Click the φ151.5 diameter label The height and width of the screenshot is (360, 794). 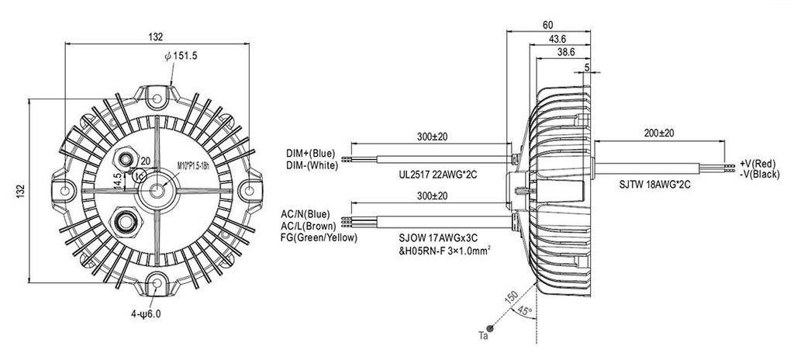pyautogui.click(x=181, y=56)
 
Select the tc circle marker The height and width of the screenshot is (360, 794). pyautogui.click(x=140, y=175)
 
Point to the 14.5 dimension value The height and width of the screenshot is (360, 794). pyautogui.click(x=117, y=181)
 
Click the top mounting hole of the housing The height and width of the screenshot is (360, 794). pyautogui.click(x=157, y=99)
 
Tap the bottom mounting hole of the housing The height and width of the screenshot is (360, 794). pyautogui.click(x=157, y=282)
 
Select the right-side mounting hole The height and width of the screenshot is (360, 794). pyautogui.click(x=249, y=191)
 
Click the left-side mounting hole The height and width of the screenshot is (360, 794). pyautogui.click(x=65, y=191)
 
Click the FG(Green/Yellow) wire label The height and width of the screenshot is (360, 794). pyautogui.click(x=318, y=238)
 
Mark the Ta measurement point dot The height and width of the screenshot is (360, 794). pyautogui.click(x=490, y=328)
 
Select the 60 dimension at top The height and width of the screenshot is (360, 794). pyautogui.click(x=548, y=25)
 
